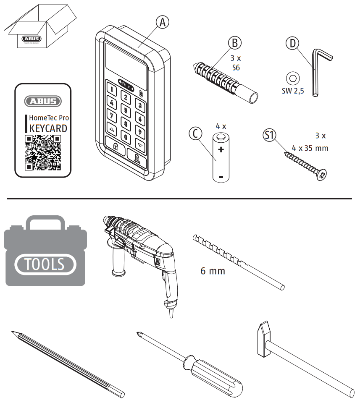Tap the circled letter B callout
pos(235,43)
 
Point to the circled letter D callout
pos(292,43)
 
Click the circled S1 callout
pos(269,135)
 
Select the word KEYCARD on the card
pos(48,128)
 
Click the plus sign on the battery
pos(221,149)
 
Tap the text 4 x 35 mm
pos(310,148)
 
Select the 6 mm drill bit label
pos(213,271)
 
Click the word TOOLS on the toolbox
pos(45,264)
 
